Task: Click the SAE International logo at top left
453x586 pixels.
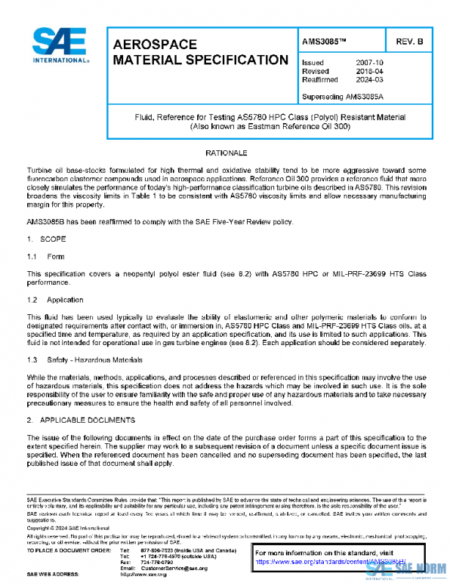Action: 61,46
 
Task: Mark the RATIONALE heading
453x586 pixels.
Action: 226,153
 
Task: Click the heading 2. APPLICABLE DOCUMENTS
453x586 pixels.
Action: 79,419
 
